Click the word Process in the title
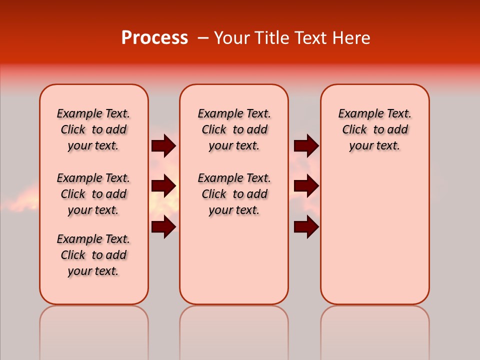point(154,38)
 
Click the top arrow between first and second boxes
point(163,145)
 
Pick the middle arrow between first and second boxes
point(163,186)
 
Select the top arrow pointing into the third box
point(306,145)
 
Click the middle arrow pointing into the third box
point(306,186)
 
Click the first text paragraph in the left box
point(93,129)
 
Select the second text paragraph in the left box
point(93,194)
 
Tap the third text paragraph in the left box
point(93,255)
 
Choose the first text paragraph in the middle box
point(234,129)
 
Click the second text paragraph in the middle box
point(234,194)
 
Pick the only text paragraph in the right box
point(374,129)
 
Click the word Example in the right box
point(359,113)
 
